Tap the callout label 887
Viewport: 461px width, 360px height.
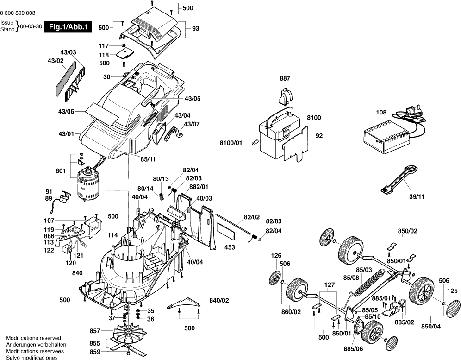coord(285,79)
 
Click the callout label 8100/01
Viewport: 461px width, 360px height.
coord(231,143)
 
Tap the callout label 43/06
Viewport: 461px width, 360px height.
coord(66,112)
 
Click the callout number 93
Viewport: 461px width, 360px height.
coord(195,29)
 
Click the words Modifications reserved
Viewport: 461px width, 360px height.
coord(33,339)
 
